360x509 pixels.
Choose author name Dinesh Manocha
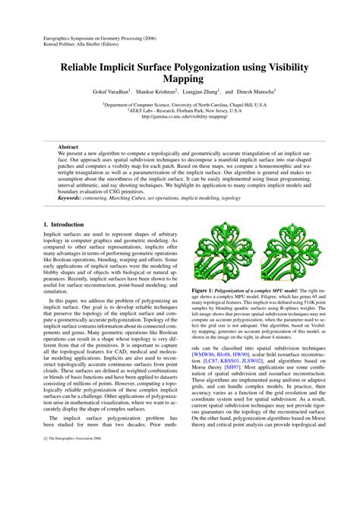tap(255, 93)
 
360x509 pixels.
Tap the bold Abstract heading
tap(68, 146)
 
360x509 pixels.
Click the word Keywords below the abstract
tap(73, 198)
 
